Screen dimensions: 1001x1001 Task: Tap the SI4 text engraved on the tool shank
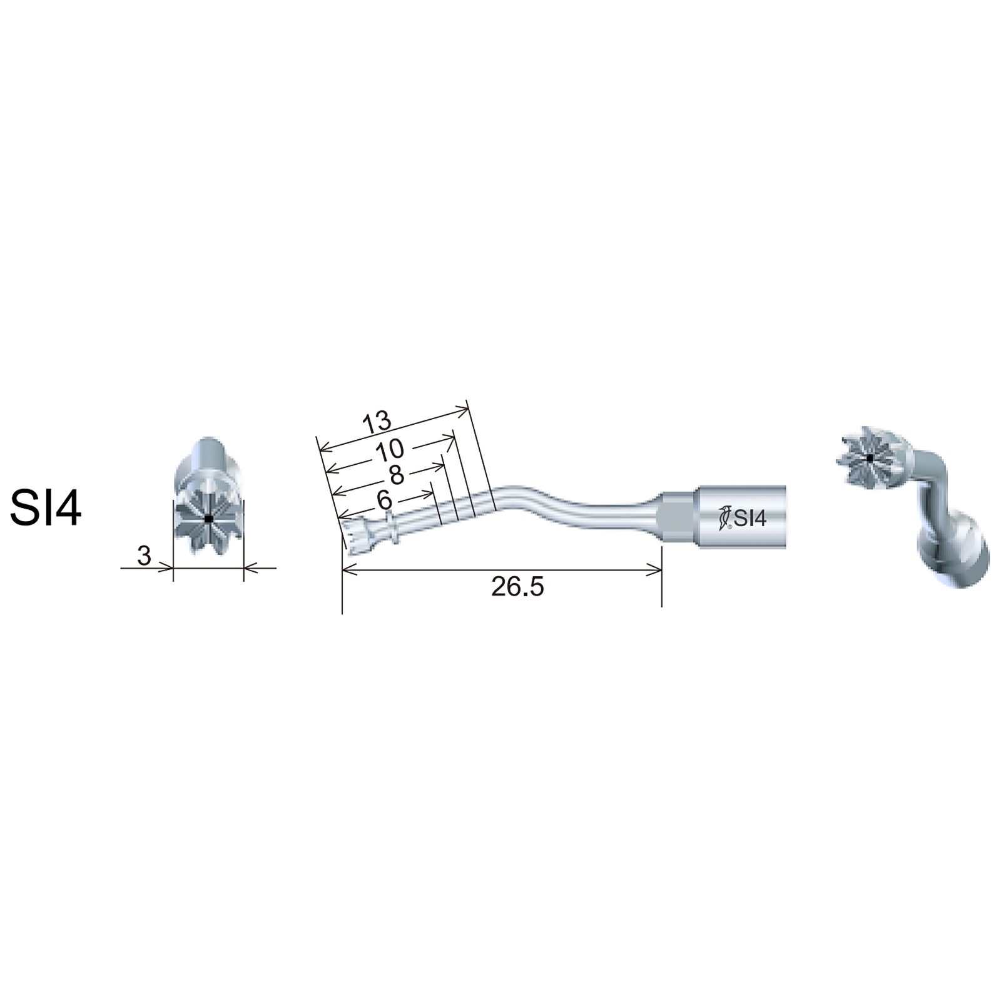point(750,519)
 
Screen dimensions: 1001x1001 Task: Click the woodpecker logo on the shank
point(724,517)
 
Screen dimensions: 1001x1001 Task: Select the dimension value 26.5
point(517,587)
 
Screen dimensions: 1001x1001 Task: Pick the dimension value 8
point(397,475)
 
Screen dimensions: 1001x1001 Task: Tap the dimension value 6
point(385,500)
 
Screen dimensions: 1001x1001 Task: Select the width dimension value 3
point(144,556)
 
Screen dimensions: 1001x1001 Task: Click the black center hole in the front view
point(208,519)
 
